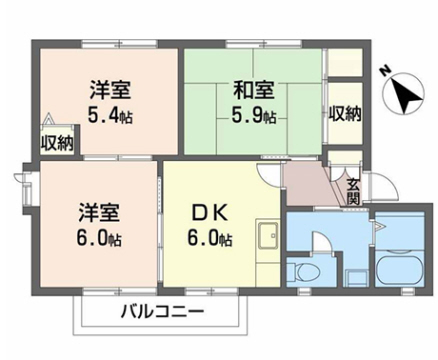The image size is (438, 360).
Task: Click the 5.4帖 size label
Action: tap(109, 115)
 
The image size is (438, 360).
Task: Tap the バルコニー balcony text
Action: tap(163, 312)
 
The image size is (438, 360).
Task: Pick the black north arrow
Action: tap(405, 97)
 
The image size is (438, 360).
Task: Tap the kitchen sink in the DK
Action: tap(267, 241)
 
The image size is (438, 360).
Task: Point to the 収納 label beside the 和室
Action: tap(344, 112)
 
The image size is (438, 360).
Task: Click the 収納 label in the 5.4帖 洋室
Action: tap(57, 143)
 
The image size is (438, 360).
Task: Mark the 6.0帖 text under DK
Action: tap(211, 239)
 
